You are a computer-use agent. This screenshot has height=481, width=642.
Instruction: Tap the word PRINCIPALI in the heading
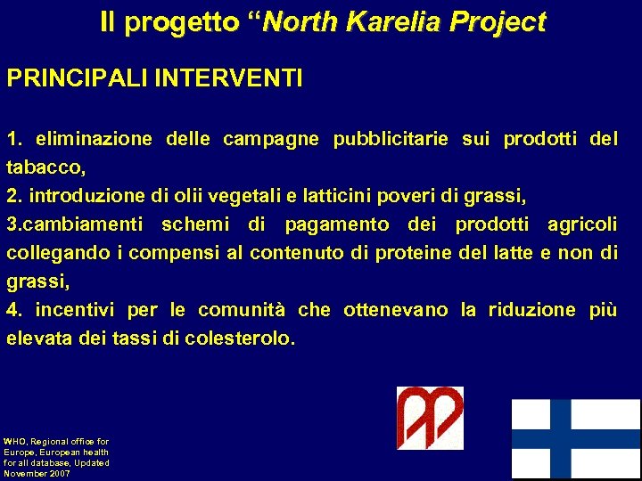[x=78, y=79]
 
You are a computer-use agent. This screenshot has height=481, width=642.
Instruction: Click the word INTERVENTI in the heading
[x=229, y=79]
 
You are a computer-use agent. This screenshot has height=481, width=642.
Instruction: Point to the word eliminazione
[x=94, y=140]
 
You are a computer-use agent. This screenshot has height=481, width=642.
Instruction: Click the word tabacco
[x=45, y=167]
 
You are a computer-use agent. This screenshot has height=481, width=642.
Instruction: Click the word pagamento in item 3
[x=336, y=224]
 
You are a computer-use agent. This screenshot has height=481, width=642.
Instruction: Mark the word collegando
[x=58, y=253]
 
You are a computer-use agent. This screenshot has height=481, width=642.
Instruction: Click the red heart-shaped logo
[x=430, y=418]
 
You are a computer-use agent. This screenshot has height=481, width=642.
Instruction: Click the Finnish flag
[x=575, y=439]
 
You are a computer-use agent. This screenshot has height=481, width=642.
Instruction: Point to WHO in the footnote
[x=15, y=441]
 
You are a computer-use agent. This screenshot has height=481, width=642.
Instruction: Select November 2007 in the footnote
[x=37, y=473]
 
